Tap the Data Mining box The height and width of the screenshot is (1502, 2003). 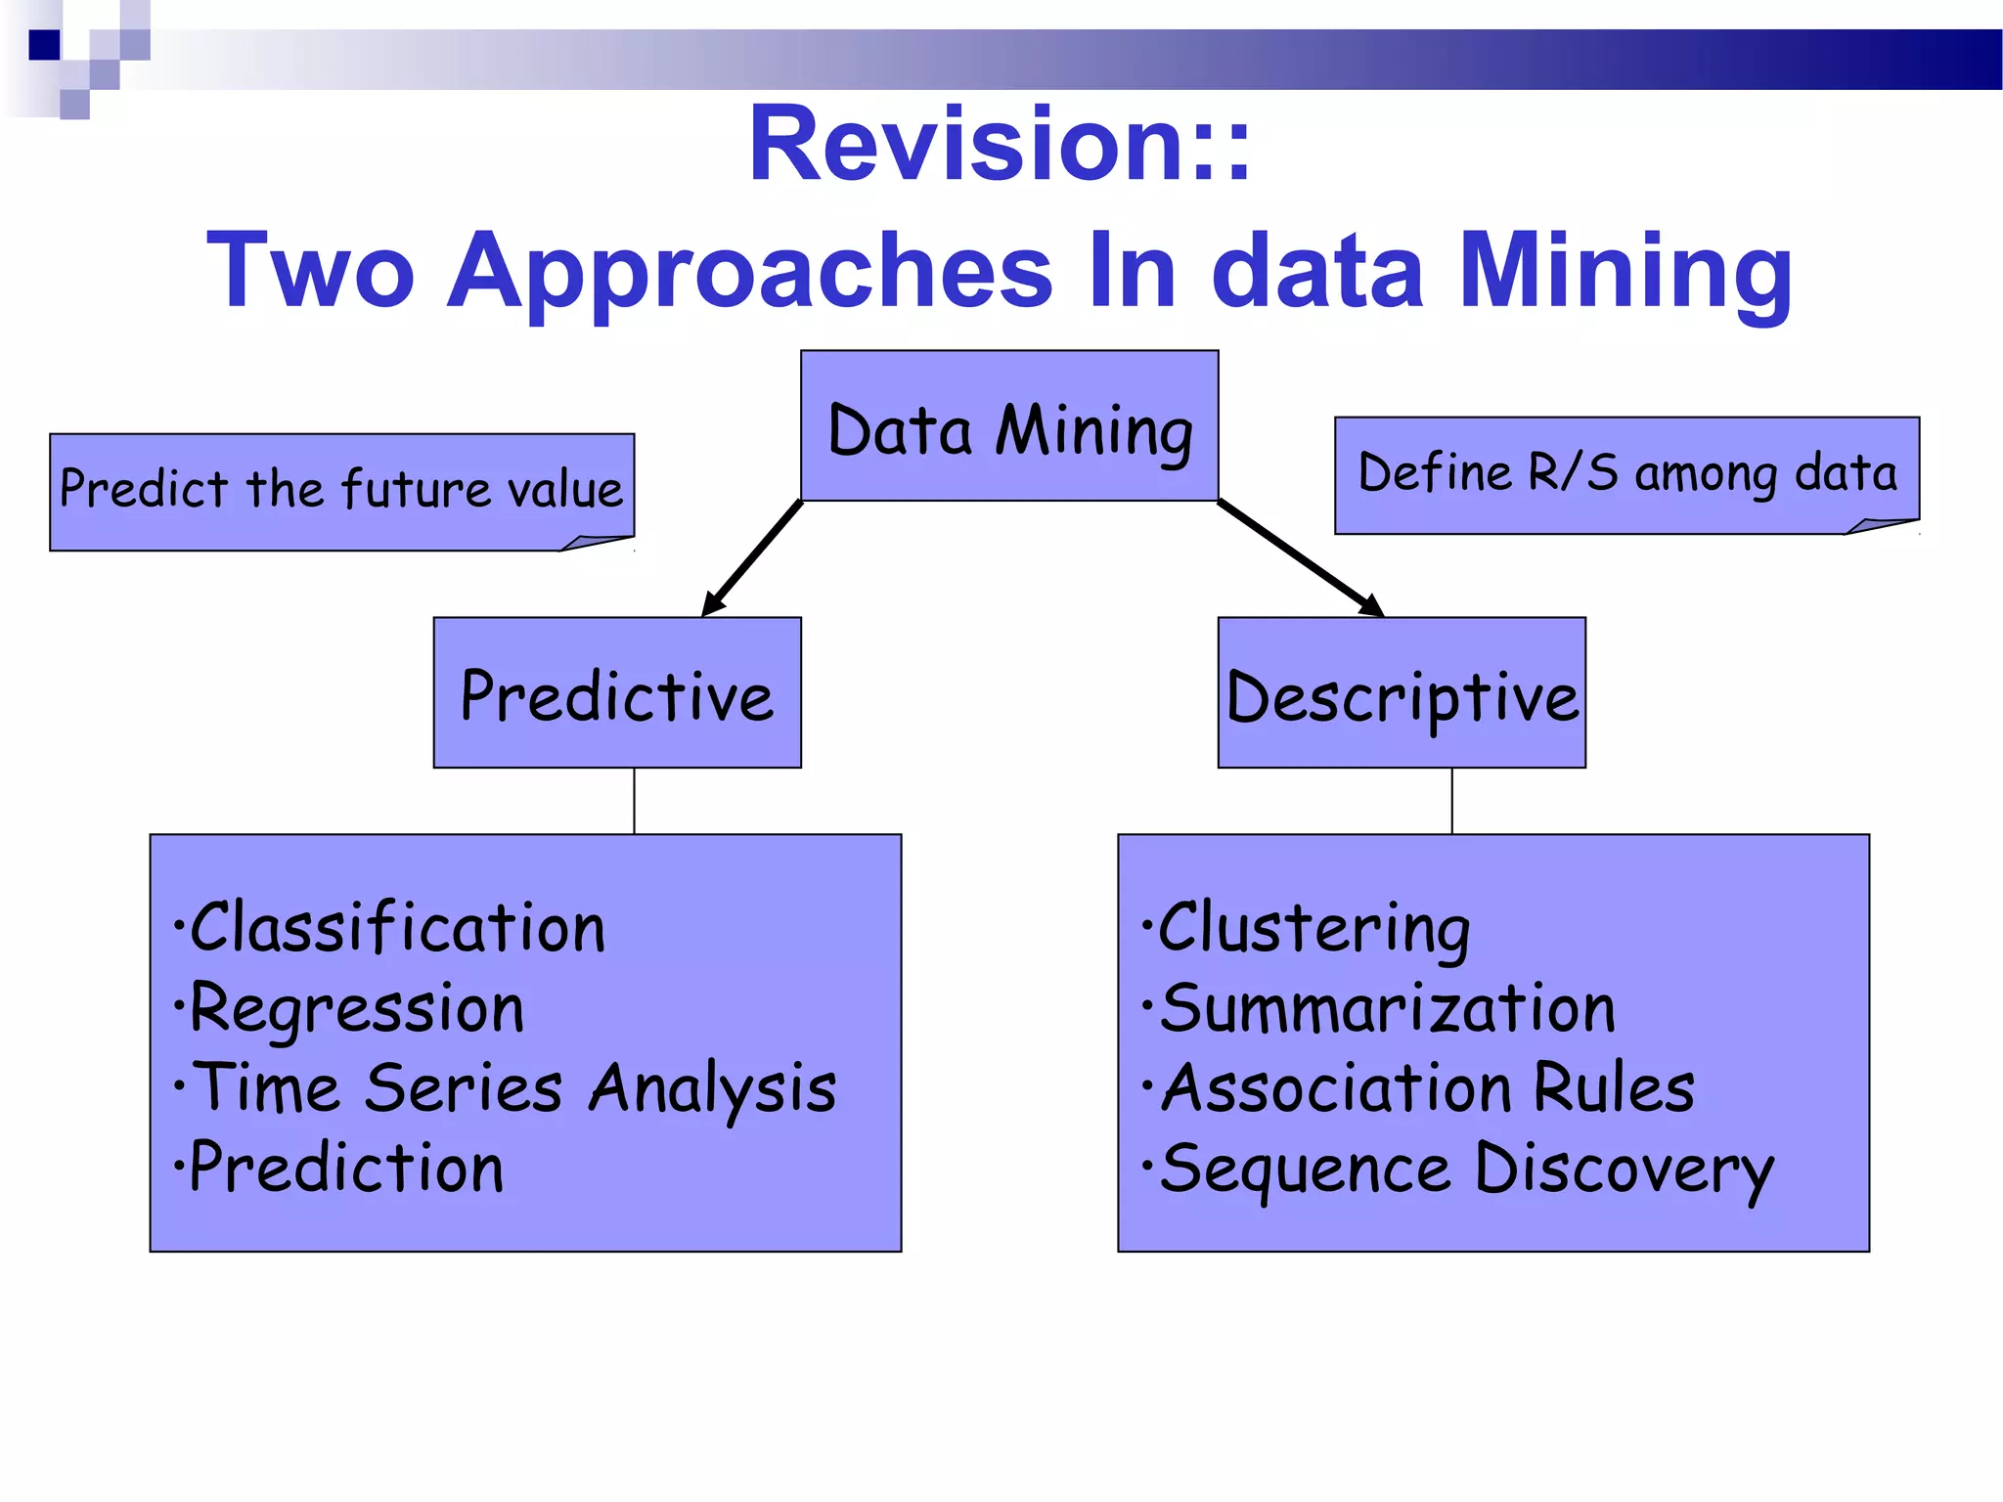tap(1009, 426)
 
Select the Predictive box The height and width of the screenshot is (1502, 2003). tap(617, 693)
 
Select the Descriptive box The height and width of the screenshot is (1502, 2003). tap(1402, 693)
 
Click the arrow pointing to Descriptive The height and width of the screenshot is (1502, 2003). tap(1301, 558)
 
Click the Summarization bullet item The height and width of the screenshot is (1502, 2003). tap(1386, 1008)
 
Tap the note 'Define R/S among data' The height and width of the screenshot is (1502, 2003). tap(1626, 474)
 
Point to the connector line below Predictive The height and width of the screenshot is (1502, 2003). tap(634, 801)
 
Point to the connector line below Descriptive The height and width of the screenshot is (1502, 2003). tap(1451, 801)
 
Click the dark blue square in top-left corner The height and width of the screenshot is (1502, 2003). tap(44, 45)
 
